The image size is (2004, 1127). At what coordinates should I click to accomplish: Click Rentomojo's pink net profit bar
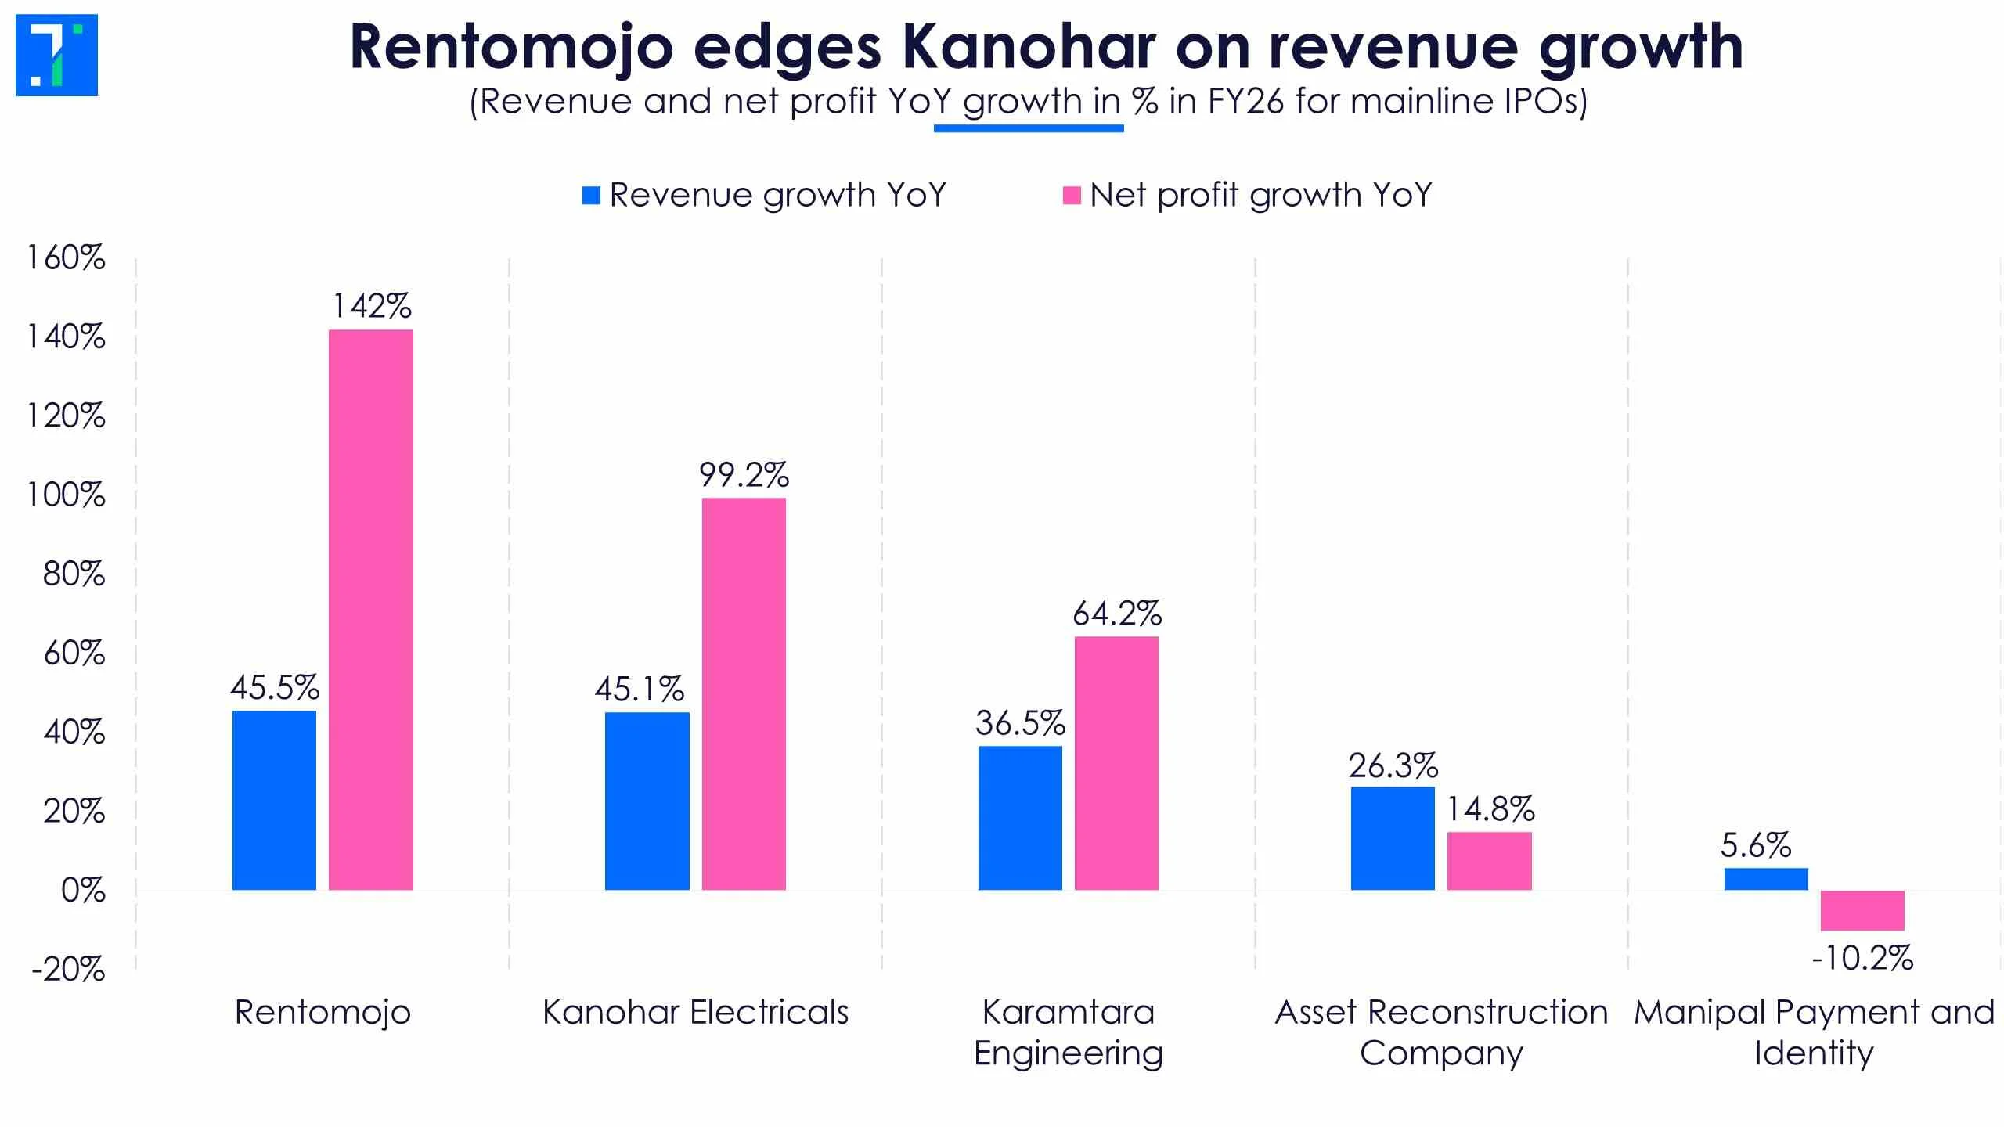[x=370, y=610]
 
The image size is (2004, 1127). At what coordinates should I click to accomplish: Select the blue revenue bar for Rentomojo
[x=274, y=801]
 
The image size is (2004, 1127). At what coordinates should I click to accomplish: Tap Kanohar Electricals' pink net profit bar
[x=744, y=694]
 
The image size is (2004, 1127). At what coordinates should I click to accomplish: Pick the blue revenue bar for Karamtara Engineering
[x=1020, y=818]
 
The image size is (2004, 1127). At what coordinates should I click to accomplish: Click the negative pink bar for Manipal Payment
[x=1862, y=910]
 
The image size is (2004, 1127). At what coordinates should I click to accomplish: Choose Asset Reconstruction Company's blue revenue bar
[x=1393, y=838]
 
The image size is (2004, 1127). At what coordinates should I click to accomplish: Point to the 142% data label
[x=372, y=306]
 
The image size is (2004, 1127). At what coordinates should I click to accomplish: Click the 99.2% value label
[x=744, y=475]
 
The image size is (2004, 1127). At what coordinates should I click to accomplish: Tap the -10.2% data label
[x=1862, y=958]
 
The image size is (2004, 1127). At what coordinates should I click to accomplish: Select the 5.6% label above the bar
[x=1756, y=845]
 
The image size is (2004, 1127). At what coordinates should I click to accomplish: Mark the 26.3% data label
[x=1393, y=765]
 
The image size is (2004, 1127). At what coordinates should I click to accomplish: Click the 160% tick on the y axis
[x=66, y=257]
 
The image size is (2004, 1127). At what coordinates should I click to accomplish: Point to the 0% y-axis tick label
[x=83, y=891]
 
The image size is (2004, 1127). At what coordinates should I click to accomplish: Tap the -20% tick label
[x=68, y=970]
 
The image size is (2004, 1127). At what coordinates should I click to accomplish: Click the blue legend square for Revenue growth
[x=591, y=196]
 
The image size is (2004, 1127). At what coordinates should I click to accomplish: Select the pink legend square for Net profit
[x=1072, y=196]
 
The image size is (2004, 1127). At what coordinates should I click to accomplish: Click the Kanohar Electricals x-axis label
[x=696, y=1013]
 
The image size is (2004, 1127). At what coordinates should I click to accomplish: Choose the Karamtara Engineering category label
[x=1069, y=1033]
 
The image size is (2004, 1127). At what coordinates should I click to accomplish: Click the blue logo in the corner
[x=56, y=55]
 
